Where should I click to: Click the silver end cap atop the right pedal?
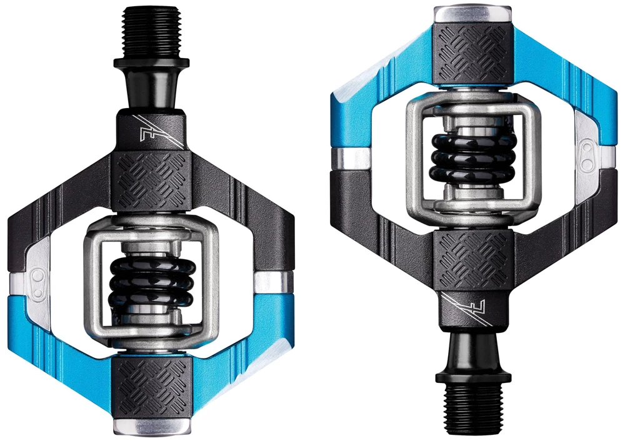click(473, 14)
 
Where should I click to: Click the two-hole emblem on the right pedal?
click(587, 154)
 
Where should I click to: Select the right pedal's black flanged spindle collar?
click(473, 369)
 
